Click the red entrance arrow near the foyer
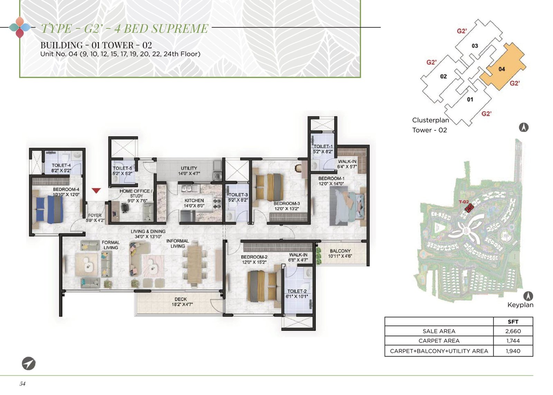pyautogui.click(x=96, y=190)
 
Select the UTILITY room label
pyautogui.click(x=189, y=168)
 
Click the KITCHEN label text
pyautogui.click(x=194, y=200)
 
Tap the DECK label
pyautogui.click(x=181, y=299)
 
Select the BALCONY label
pyautogui.click(x=340, y=251)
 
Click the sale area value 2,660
pyautogui.click(x=513, y=331)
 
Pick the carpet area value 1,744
pyautogui.click(x=513, y=341)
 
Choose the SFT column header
pyautogui.click(x=513, y=322)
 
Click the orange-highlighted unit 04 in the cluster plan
pyautogui.click(x=503, y=67)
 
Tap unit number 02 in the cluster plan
pyautogui.click(x=443, y=76)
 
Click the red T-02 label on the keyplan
pyautogui.click(x=463, y=202)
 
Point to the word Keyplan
pyautogui.click(x=521, y=305)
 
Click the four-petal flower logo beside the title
pyautogui.click(x=20, y=27)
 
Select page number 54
pyautogui.click(x=22, y=383)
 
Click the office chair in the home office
pyautogui.click(x=125, y=207)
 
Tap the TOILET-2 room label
pyautogui.click(x=297, y=291)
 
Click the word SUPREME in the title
pyautogui.click(x=180, y=28)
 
